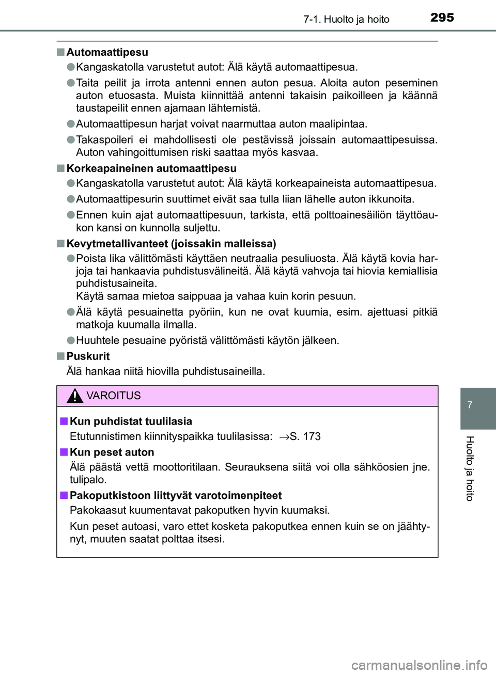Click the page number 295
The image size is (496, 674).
pos(442,18)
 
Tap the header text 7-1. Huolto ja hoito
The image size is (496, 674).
pos(346,20)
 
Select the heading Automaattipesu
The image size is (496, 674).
pos(107,52)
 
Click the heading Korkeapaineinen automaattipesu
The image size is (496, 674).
pos(151,168)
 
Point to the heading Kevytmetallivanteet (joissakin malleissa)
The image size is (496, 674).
pos(171,243)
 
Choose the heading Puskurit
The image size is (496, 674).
pos(88,356)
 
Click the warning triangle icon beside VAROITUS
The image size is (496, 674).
pos(75,396)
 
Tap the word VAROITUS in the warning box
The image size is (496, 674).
pos(114,396)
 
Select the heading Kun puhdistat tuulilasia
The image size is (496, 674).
pos(131,421)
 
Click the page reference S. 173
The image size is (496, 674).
pos(305,436)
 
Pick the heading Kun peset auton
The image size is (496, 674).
pos(112,452)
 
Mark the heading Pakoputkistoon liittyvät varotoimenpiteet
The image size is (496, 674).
pos(176,495)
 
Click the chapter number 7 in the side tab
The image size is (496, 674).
pos(470,405)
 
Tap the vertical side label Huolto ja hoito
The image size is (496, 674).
pos(470,468)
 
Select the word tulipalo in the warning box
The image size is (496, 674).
pos(88,479)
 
